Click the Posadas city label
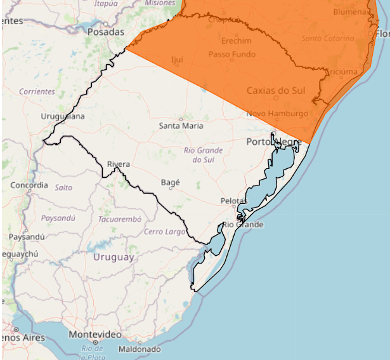tap(107, 31)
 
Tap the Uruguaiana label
tap(63, 116)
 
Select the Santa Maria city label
tap(181, 126)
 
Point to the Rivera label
tap(119, 164)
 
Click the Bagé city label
tap(171, 182)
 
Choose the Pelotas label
tap(233, 201)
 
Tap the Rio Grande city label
tap(242, 225)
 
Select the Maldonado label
tap(139, 349)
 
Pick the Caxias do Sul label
tap(276, 91)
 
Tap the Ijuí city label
tap(177, 60)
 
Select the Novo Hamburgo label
tap(277, 114)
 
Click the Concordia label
tap(29, 185)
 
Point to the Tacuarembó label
tap(119, 219)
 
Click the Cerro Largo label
tap(165, 232)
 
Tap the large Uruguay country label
tap(114, 257)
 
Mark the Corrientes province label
tap(37, 91)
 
